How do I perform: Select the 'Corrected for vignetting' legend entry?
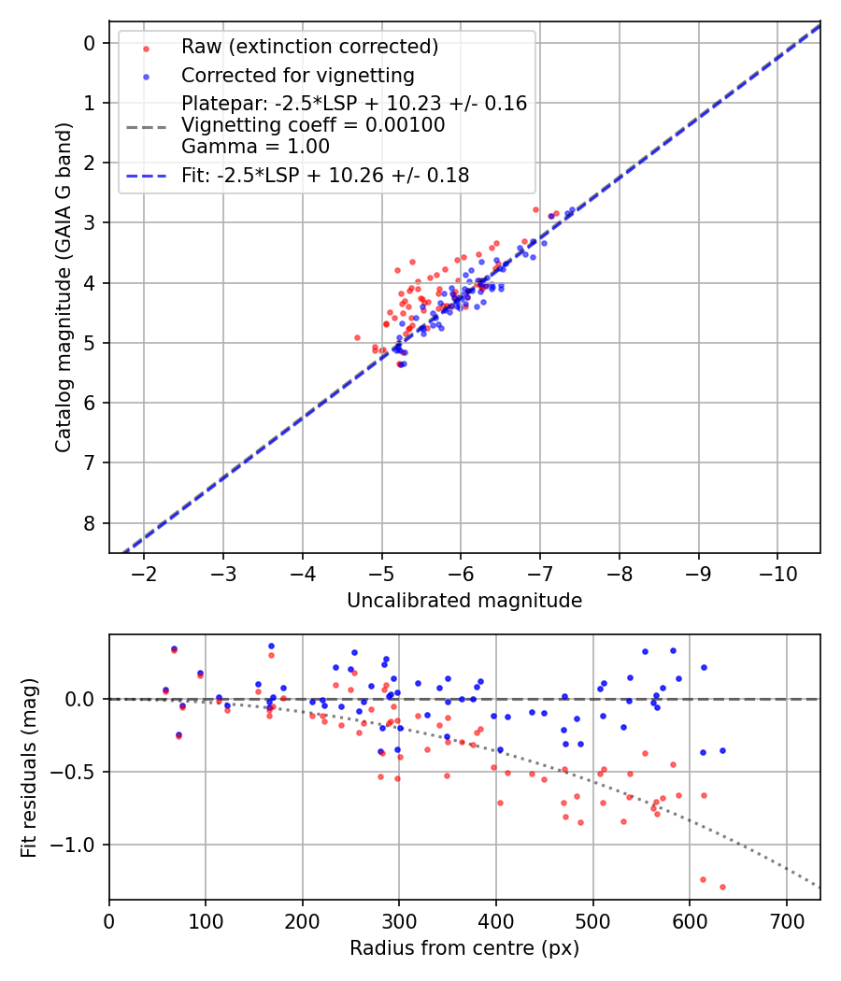(297, 75)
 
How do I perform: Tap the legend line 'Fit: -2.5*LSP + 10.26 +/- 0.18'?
(325, 175)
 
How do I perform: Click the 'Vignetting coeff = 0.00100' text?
(313, 124)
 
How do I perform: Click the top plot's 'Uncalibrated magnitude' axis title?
(464, 601)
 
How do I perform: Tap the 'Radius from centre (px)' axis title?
(464, 948)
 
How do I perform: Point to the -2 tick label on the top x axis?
(144, 573)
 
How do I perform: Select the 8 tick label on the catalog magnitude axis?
(90, 522)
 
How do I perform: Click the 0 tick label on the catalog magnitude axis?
(90, 43)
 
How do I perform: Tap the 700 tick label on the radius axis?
(786, 920)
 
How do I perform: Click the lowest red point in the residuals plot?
(722, 887)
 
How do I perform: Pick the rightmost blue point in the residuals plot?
(722, 750)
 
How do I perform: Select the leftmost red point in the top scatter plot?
(357, 337)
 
